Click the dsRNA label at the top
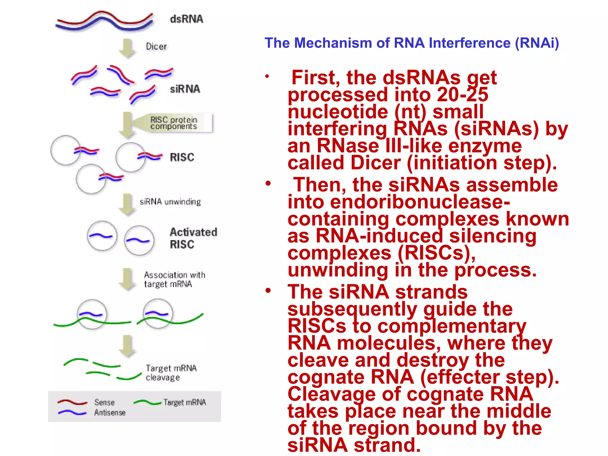pyautogui.click(x=186, y=19)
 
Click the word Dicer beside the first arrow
pyautogui.click(x=156, y=46)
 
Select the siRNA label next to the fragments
pyautogui.click(x=185, y=89)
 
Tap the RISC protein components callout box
pyautogui.click(x=174, y=123)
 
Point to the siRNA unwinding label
pyautogui.click(x=170, y=202)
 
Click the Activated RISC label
pyautogui.click(x=193, y=238)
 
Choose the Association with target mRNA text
pyautogui.click(x=175, y=279)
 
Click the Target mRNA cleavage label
pyautogui.click(x=171, y=373)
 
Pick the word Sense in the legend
pyautogui.click(x=104, y=402)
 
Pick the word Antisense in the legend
pyautogui.click(x=110, y=413)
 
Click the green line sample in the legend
pyautogui.click(x=147, y=403)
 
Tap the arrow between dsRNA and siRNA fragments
pyautogui.click(x=127, y=47)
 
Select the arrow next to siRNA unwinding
pyautogui.click(x=127, y=204)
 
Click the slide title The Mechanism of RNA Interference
pyautogui.click(x=411, y=43)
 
